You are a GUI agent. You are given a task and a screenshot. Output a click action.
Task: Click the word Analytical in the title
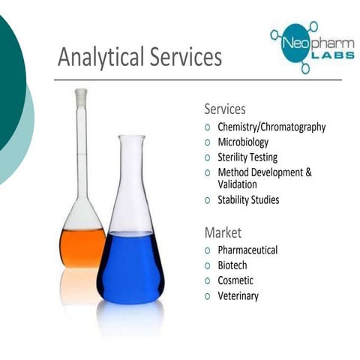[x=96, y=57]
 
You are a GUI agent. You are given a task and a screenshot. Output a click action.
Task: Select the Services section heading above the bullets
[x=225, y=109]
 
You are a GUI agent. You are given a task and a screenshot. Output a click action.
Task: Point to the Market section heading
[x=223, y=232]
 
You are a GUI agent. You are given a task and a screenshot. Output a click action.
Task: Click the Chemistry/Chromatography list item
[x=271, y=127]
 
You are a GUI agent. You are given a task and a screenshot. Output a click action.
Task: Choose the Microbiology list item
[x=243, y=142]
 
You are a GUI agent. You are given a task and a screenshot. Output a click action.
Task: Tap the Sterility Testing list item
[x=247, y=157]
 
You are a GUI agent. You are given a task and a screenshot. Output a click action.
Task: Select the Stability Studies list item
[x=248, y=200]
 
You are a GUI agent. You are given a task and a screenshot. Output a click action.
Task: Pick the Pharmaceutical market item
[x=247, y=250]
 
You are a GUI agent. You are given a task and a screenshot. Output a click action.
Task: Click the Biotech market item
[x=232, y=265]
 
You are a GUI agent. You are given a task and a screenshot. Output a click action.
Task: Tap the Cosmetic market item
[x=235, y=280]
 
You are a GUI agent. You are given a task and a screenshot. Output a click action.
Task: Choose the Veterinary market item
[x=238, y=296]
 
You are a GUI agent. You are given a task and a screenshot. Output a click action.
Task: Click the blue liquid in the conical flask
[x=130, y=266]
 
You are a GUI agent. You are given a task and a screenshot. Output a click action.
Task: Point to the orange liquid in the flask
[x=82, y=247]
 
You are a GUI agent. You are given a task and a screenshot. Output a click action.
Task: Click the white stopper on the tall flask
[x=81, y=97]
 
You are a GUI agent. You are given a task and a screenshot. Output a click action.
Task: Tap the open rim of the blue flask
[x=131, y=137]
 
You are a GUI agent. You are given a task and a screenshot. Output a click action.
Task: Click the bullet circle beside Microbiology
[x=208, y=142]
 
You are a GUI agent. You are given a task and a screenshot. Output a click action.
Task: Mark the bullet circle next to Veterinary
[x=208, y=296]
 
